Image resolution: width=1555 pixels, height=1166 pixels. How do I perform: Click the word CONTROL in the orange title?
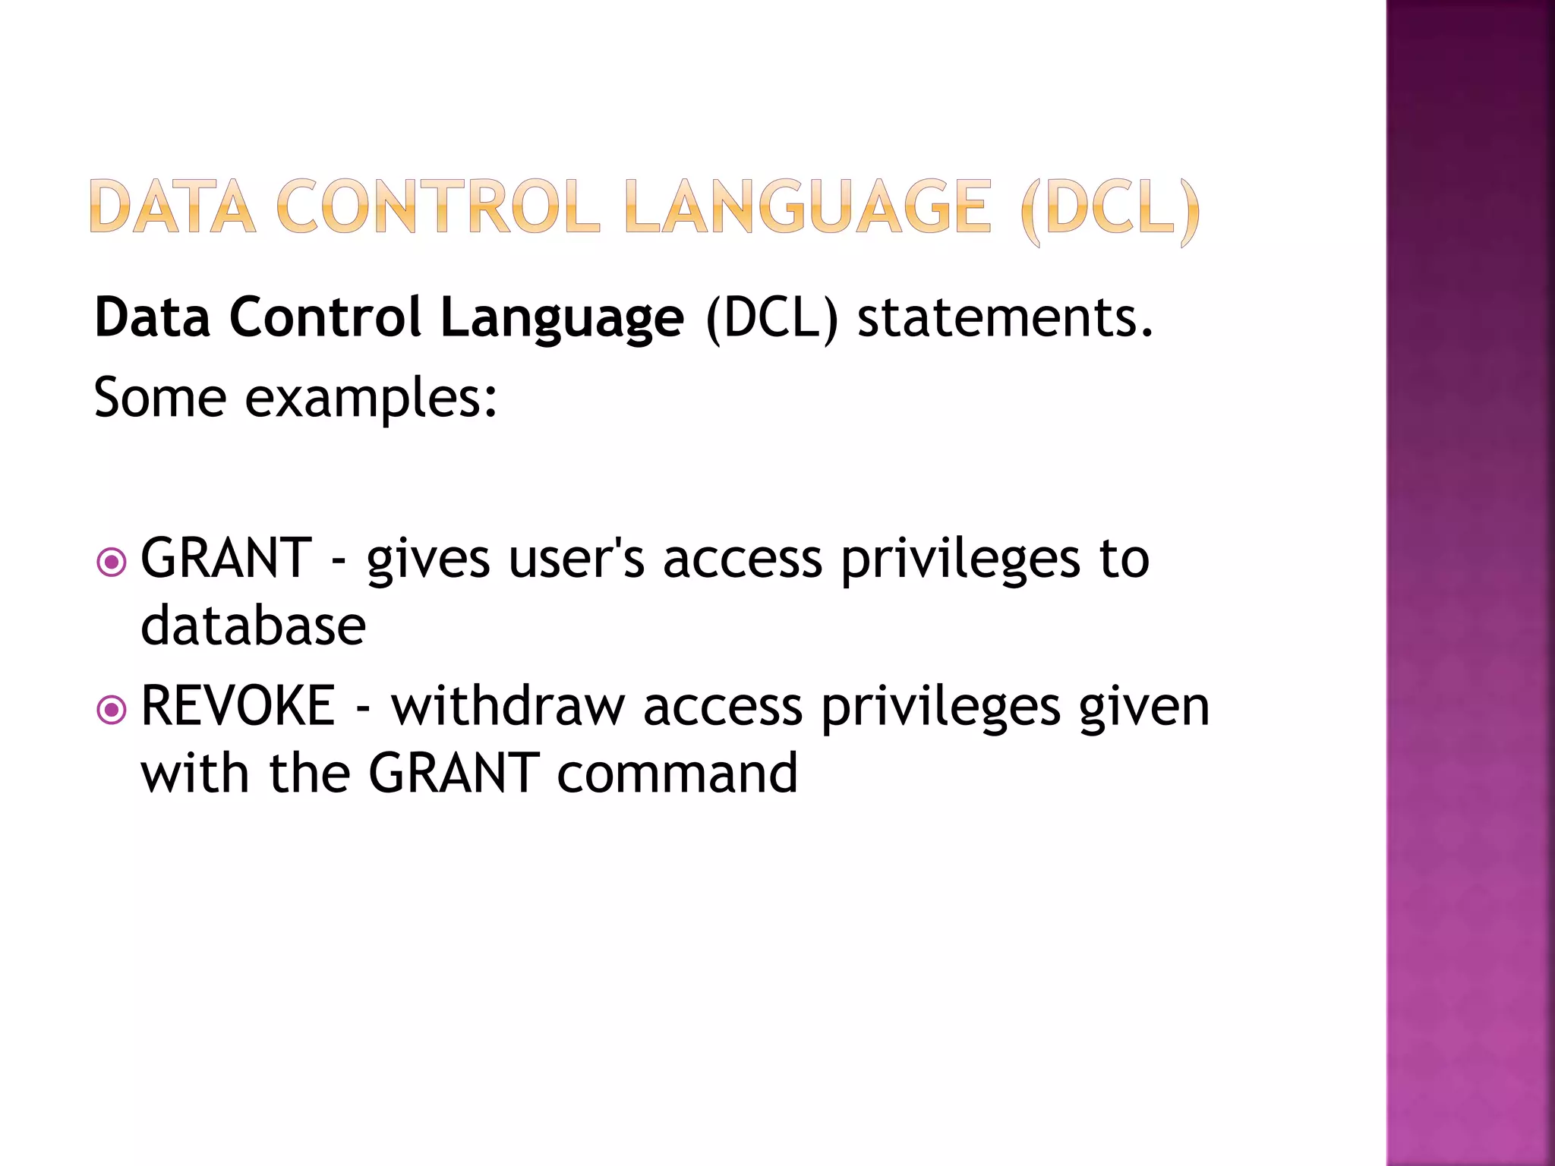(438, 206)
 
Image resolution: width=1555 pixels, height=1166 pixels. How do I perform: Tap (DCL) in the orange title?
(1110, 207)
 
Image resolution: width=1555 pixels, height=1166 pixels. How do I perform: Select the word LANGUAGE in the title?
(809, 206)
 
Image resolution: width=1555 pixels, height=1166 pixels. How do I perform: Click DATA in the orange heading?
(172, 206)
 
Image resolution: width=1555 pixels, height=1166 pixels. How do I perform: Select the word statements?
(1005, 317)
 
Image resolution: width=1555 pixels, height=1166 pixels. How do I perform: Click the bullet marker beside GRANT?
(112, 563)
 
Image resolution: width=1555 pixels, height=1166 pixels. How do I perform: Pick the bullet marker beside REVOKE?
(112, 711)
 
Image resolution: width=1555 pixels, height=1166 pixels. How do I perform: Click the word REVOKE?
(238, 706)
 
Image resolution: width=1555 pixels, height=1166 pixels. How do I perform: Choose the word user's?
(576, 559)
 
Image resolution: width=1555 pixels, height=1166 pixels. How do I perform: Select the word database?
(254, 626)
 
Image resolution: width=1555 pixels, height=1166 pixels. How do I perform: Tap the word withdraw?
(507, 706)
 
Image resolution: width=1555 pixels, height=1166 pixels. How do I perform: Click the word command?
(677, 774)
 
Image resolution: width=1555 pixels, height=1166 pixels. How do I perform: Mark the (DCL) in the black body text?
(771, 318)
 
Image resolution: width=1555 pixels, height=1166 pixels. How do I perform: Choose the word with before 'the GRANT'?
(195, 773)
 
